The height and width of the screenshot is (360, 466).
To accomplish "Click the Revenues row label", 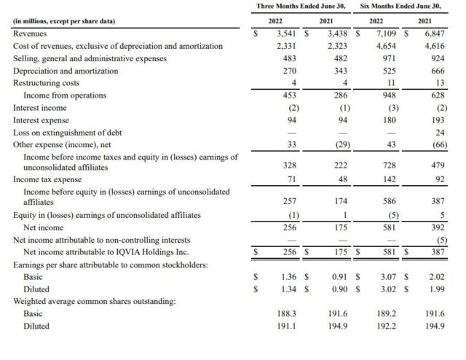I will pos(30,34).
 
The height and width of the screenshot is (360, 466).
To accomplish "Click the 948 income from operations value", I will pos(389,95).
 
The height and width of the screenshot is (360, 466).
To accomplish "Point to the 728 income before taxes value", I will pos(389,165).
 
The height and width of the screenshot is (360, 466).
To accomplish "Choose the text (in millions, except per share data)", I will pos(63,21).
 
